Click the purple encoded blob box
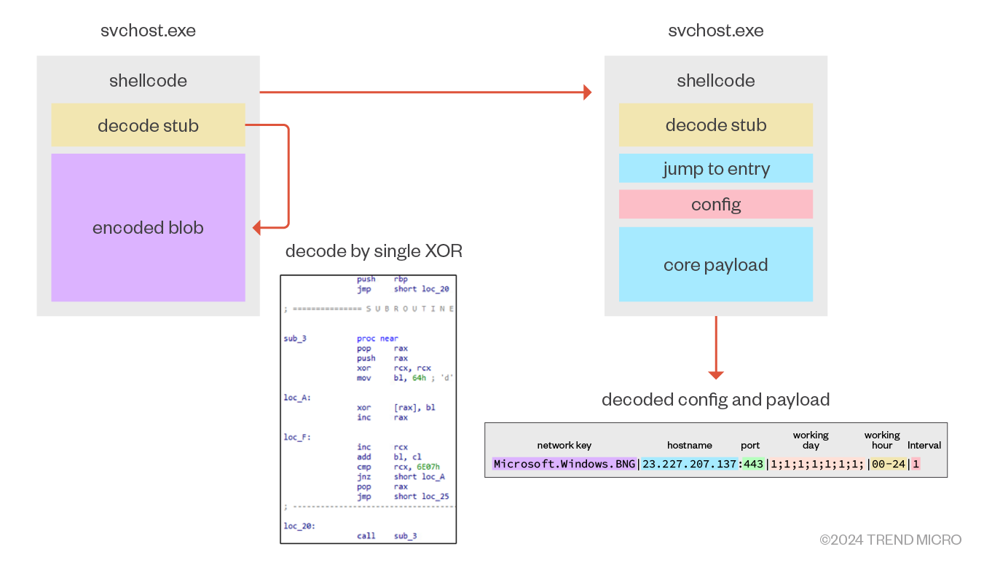pos(148,227)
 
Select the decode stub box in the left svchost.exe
pos(148,125)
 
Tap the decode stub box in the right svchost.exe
pos(715,125)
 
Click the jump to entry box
pos(715,169)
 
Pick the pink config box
pos(715,205)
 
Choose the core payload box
pos(715,264)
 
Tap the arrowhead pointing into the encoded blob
pos(257,228)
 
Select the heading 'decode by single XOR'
pos(374,252)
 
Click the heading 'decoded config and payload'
pos(715,400)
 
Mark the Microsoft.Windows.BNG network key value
pos(564,464)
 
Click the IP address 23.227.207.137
pos(690,464)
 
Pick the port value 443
pos(754,464)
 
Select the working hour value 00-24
pos(888,464)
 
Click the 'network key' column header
pos(564,445)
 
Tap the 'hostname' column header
pos(689,445)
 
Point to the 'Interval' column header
pos(924,445)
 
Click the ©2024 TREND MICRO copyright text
pos(890,540)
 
